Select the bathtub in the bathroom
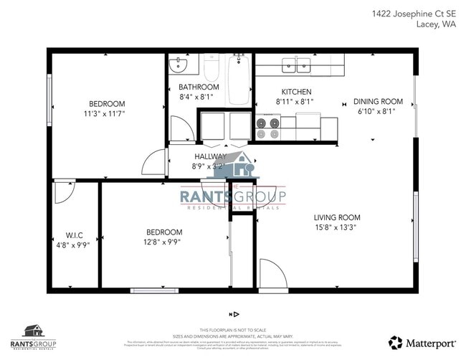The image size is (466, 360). point(239,79)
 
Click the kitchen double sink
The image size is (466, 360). point(296,65)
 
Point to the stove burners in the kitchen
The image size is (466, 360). point(268,128)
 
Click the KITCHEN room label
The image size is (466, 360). point(296,92)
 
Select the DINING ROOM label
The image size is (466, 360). point(380,101)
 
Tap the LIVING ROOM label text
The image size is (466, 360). point(337,217)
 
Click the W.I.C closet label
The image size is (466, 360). point(75,235)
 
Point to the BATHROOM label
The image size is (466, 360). point(199,87)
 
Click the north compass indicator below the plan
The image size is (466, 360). point(234,314)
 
